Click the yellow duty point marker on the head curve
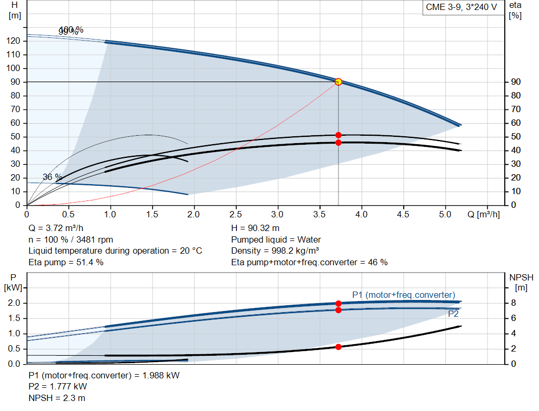coord(338,82)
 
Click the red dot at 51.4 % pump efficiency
coord(338,135)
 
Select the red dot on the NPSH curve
coord(338,347)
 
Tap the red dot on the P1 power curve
coord(338,303)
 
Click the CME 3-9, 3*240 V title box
coord(461,8)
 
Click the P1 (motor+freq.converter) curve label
coord(403,295)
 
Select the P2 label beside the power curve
coord(453,314)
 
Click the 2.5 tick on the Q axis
coord(236,215)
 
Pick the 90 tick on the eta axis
coord(515,82)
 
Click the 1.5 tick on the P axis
coord(14,318)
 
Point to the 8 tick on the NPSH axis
coord(515,303)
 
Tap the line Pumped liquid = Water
coord(276,239)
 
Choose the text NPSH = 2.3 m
coord(56,398)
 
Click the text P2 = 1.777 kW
coord(57,387)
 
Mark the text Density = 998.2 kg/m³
coord(275,250)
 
